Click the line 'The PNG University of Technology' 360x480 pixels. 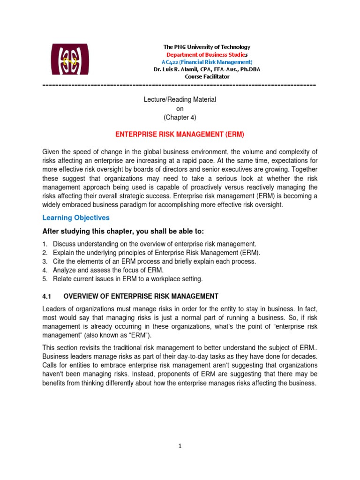pos(206,47)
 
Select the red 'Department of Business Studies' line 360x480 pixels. pos(206,54)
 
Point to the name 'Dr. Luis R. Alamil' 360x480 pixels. pos(176,69)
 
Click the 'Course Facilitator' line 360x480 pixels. pos(206,76)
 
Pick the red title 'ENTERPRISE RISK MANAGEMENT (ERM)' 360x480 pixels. pos(180,134)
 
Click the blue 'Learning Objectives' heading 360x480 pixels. pos(76,217)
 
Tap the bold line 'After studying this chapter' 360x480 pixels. pos(123,232)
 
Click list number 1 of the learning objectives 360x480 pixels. pos(45,244)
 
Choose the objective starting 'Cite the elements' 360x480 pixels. pos(154,262)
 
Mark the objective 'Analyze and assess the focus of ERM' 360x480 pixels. pos(108,270)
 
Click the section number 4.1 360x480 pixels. pos(46,296)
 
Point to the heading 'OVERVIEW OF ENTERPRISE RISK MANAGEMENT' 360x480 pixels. pos(141,296)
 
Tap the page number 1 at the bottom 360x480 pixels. pos(180,446)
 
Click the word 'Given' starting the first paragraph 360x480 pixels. pos(52,152)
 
